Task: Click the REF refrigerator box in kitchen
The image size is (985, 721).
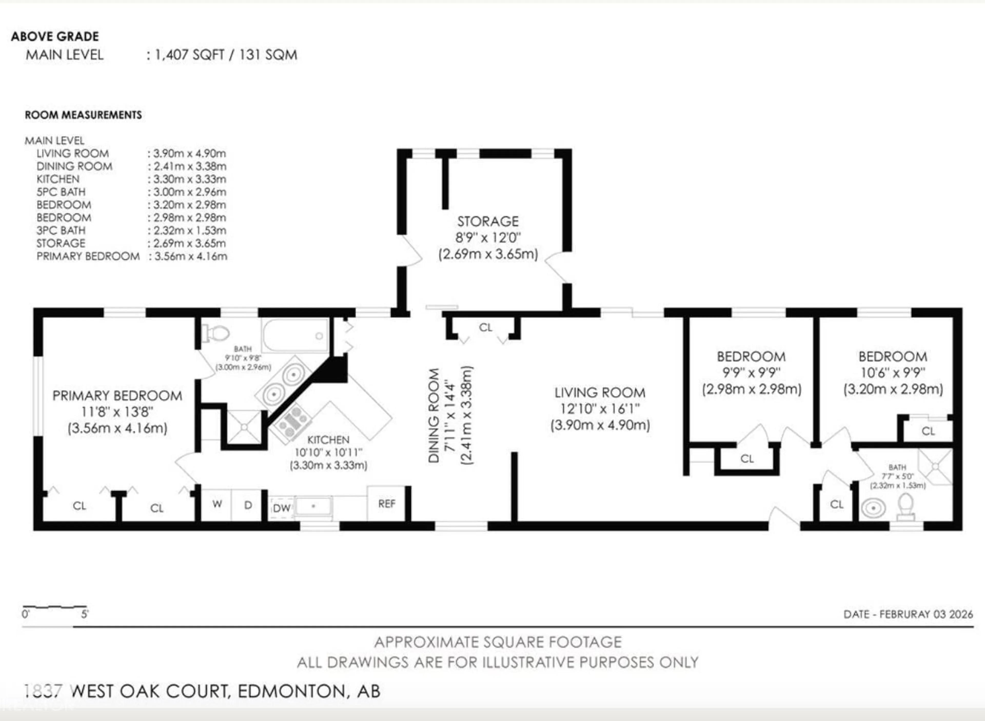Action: (x=387, y=504)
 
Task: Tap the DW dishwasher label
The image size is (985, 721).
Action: (x=282, y=508)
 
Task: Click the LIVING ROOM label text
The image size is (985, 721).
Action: (x=599, y=393)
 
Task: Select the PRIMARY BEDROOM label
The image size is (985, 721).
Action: (x=117, y=396)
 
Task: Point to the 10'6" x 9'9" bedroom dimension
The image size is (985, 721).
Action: (x=893, y=373)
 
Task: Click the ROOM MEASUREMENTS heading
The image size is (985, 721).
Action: (x=83, y=115)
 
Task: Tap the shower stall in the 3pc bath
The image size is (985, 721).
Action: (x=935, y=467)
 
